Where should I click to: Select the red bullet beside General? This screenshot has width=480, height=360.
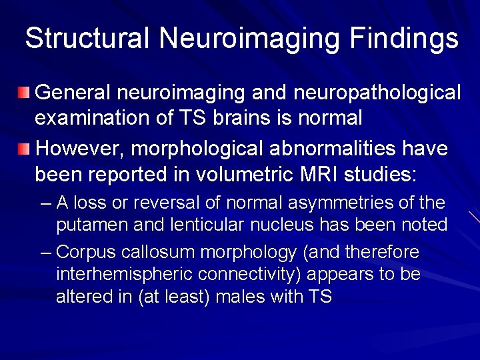click(24, 92)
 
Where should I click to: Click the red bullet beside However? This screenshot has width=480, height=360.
click(24, 148)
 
